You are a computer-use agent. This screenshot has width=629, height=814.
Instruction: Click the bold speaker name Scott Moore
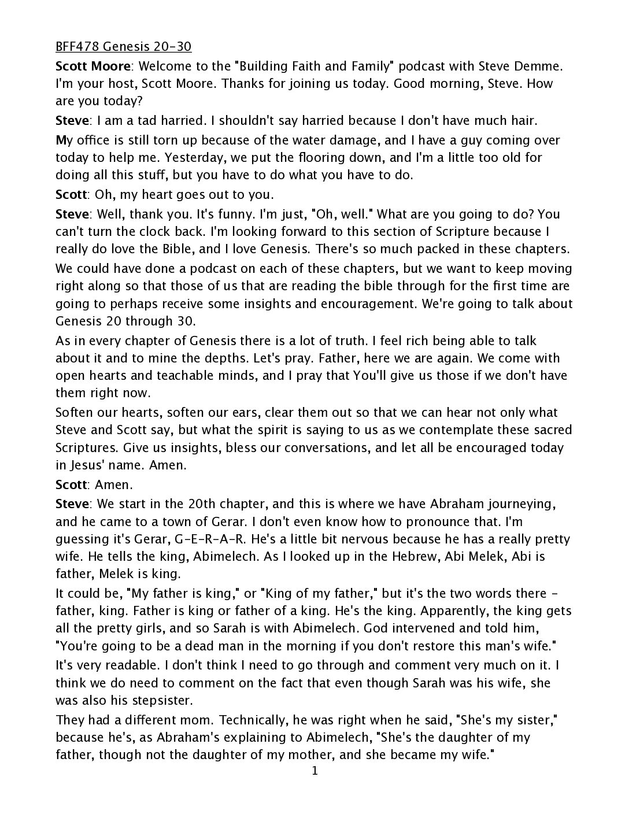(91, 66)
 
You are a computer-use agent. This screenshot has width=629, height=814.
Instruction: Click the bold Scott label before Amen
(71, 484)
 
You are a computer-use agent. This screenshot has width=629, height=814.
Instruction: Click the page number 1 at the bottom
(314, 771)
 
